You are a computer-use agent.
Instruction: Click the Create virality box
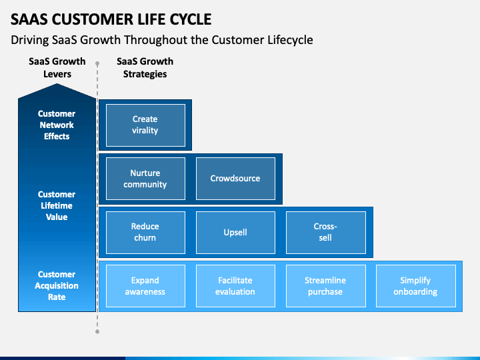[x=145, y=125]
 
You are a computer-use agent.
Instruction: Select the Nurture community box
[x=145, y=179]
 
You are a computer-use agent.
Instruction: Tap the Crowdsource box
[x=235, y=179]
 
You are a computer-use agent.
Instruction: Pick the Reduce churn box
[x=145, y=233]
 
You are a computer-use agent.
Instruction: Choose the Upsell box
[x=235, y=233]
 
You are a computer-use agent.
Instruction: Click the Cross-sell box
[x=326, y=233]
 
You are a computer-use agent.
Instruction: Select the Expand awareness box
[x=145, y=286]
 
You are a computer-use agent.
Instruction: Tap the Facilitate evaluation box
[x=235, y=286]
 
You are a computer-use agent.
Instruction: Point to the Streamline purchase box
[x=326, y=286]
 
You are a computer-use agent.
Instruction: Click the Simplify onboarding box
[x=416, y=286]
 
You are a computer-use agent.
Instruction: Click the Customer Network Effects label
[x=57, y=125]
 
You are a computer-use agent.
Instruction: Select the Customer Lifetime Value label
[x=57, y=206]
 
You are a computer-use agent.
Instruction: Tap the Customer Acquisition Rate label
[x=57, y=285]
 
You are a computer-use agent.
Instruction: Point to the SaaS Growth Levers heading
[x=57, y=67]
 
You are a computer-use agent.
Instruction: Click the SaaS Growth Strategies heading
[x=145, y=67]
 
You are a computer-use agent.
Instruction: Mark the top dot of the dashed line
[x=97, y=64]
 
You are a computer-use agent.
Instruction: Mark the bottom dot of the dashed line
[x=97, y=331]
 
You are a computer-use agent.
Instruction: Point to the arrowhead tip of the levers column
[x=57, y=84]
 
